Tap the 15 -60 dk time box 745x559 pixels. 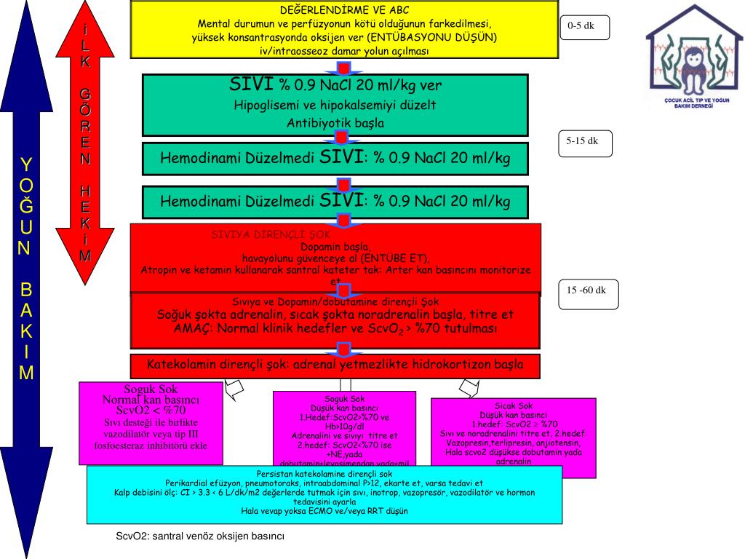tap(586, 290)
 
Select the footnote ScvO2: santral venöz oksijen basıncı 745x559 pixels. tap(200, 536)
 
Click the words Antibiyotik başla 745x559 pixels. tap(335, 123)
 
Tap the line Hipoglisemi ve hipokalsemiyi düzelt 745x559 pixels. tap(335, 105)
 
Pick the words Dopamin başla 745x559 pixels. tap(335, 246)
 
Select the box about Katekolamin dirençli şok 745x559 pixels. tap(335, 365)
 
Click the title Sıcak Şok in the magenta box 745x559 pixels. tap(514, 405)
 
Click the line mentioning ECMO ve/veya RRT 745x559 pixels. tap(324, 511)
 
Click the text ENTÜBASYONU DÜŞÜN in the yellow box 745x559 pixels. tap(432, 36)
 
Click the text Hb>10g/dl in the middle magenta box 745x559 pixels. tap(344, 427)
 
